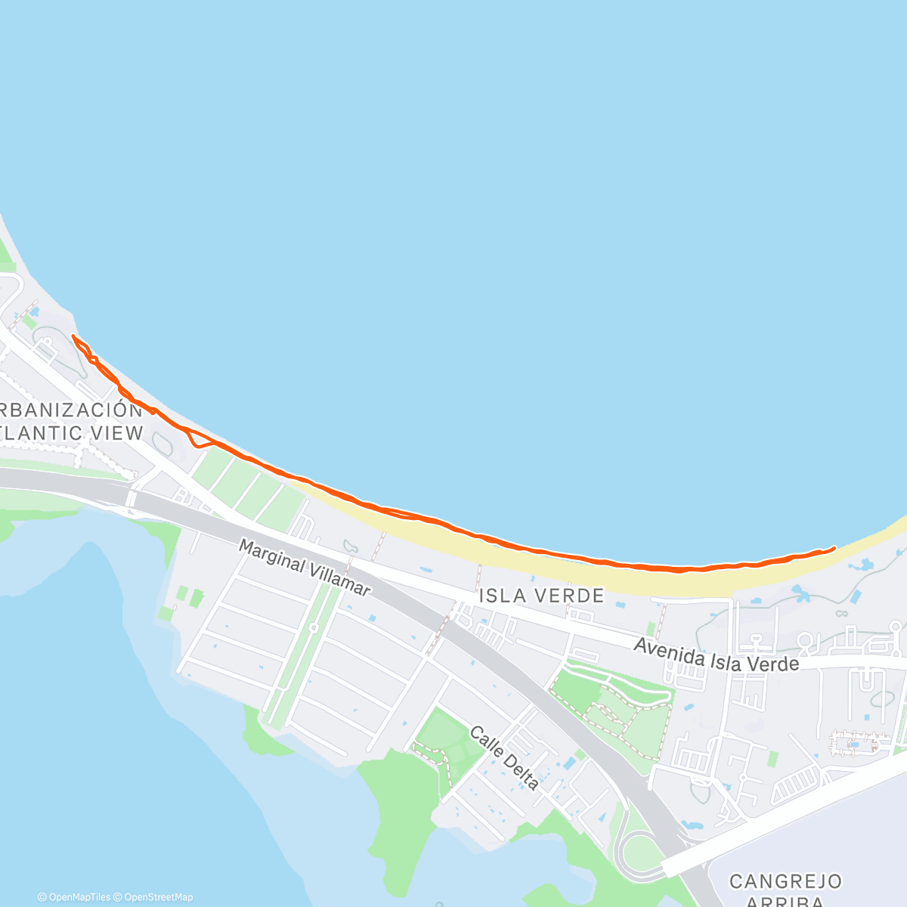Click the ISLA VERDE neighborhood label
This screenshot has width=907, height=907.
[542, 596]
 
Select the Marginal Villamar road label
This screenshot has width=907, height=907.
[305, 567]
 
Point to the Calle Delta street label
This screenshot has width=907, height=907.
[504, 758]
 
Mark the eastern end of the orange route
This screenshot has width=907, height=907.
[834, 547]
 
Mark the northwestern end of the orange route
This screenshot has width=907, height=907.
[73, 336]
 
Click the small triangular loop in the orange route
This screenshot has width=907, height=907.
[197, 438]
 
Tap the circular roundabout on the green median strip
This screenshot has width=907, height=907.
[313, 627]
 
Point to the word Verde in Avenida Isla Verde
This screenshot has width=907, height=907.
[771, 664]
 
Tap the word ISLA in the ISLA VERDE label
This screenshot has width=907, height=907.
[503, 596]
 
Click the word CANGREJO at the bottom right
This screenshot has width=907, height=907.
[785, 881]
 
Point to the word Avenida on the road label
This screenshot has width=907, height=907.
[664, 649]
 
